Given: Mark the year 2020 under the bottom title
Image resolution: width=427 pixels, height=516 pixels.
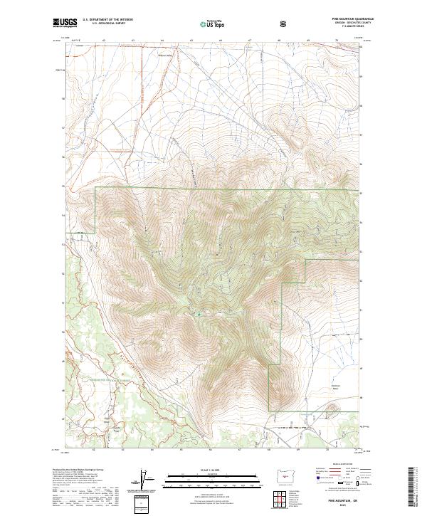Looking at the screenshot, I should (x=341, y=503).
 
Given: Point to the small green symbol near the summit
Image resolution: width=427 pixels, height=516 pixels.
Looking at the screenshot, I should (x=199, y=313).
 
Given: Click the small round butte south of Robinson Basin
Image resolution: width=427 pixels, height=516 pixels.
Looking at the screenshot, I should (x=332, y=410).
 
